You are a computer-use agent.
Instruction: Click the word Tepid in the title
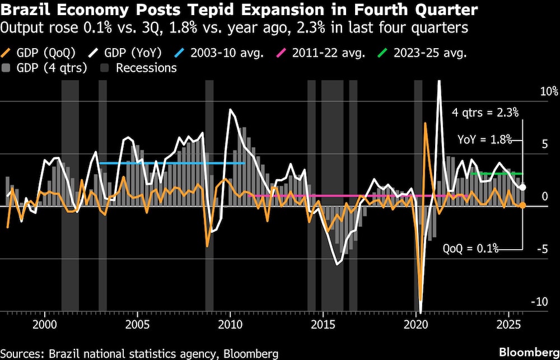coord(235,10)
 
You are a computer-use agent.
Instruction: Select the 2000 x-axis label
coord(45,325)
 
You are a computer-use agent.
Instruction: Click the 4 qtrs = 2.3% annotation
coord(486,113)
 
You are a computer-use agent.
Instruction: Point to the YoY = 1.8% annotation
coord(484,140)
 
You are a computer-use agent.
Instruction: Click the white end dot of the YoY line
coord(522,188)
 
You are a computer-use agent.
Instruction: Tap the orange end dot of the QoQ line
coord(522,205)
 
